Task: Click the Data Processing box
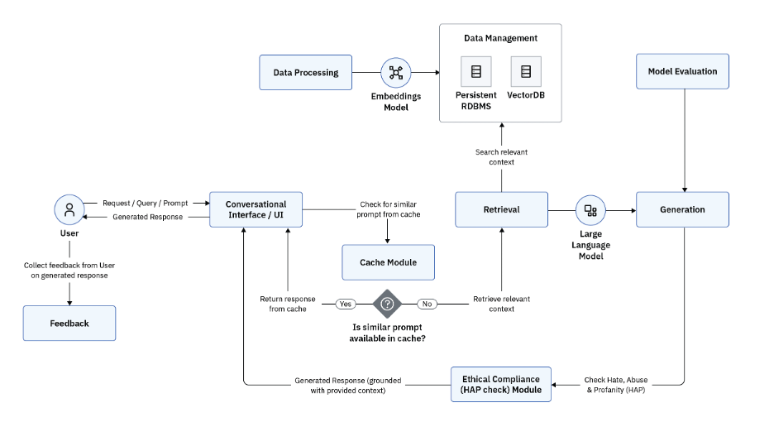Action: (305, 73)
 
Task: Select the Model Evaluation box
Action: (682, 72)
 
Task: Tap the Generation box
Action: (682, 209)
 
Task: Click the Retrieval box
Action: (501, 209)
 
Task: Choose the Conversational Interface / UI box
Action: (256, 209)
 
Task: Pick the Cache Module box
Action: (388, 262)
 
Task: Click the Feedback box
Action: (69, 324)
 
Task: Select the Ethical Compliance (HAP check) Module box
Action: (501, 384)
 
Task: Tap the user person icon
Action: (69, 210)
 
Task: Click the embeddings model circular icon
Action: (396, 73)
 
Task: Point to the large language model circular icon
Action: (590, 210)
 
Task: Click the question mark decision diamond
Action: (386, 304)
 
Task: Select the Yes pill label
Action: (346, 304)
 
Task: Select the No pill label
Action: (427, 304)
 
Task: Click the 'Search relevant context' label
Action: (501, 156)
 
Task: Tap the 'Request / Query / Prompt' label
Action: (146, 203)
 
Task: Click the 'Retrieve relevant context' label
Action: (502, 304)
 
